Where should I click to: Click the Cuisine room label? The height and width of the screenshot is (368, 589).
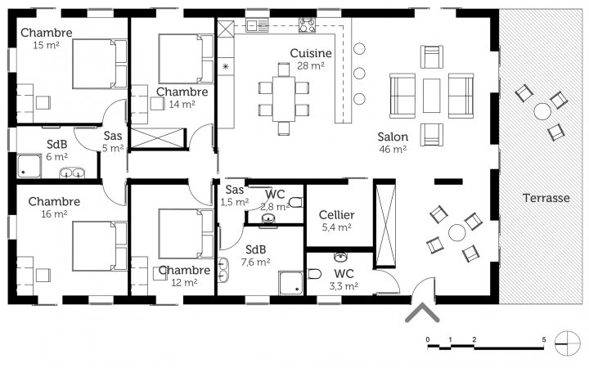coord(311,53)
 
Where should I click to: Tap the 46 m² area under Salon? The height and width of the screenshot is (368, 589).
coord(393,150)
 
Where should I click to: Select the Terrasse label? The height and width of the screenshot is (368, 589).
coord(546,198)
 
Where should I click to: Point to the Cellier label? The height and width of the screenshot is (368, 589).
coord(336,215)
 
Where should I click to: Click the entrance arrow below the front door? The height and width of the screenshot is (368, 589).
coord(422,312)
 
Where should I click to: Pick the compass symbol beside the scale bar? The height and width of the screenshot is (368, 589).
coord(568,343)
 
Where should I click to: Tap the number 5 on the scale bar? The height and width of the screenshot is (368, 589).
coord(543,339)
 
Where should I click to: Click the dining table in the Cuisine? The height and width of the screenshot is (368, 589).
coord(284,99)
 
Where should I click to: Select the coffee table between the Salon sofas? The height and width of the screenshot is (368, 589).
coord(431,96)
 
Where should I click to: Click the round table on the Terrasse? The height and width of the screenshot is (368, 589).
coord(542,111)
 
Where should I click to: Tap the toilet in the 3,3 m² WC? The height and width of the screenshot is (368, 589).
coord(315,274)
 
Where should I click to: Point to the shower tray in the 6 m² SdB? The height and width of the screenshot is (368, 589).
coord(29,166)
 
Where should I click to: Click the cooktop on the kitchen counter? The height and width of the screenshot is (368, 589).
coord(307,25)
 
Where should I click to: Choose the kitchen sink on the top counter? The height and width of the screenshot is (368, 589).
coord(257,25)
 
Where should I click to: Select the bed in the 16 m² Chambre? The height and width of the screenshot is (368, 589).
coord(100,246)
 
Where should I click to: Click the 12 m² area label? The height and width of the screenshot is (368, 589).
coord(184,282)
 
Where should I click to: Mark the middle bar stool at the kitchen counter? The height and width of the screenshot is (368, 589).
coord(359,74)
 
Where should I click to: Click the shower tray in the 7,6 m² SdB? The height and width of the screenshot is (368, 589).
coord(290,283)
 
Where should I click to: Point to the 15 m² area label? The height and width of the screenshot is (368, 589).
coord(46,45)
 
